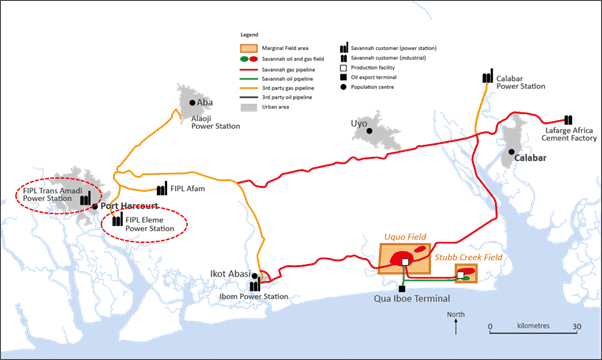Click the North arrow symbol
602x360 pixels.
(448, 322)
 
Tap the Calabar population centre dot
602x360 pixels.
(510, 152)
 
